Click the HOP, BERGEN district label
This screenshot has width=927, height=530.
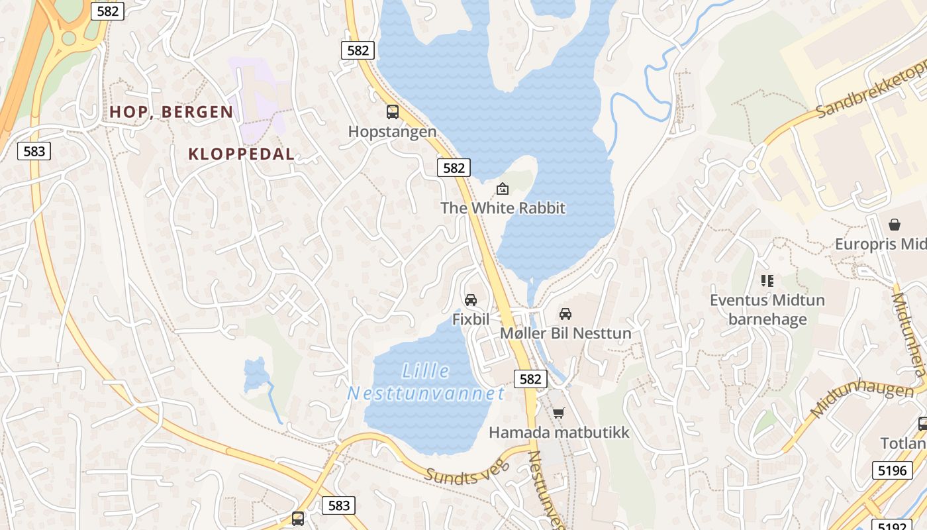click(x=171, y=112)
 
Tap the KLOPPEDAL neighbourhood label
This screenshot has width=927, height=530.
click(x=241, y=154)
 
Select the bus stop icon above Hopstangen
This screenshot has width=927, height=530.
click(x=393, y=112)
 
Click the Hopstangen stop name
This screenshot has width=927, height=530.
click(x=393, y=132)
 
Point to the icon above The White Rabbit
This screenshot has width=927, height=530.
click(x=503, y=189)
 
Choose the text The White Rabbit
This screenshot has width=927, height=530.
click(x=503, y=208)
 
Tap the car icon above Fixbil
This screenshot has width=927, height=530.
click(x=471, y=300)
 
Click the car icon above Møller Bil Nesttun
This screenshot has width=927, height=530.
click(x=565, y=313)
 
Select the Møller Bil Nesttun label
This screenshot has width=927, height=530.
click(x=565, y=333)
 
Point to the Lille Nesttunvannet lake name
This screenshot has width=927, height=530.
click(x=426, y=382)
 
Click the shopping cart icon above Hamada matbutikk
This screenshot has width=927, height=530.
click(x=559, y=413)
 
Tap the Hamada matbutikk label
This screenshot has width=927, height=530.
click(x=559, y=433)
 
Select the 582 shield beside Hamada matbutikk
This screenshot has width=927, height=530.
click(x=530, y=379)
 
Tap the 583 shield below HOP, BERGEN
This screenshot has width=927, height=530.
click(x=34, y=151)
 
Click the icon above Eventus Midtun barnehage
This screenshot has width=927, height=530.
click(x=767, y=281)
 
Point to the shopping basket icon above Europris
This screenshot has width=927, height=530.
click(x=895, y=225)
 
